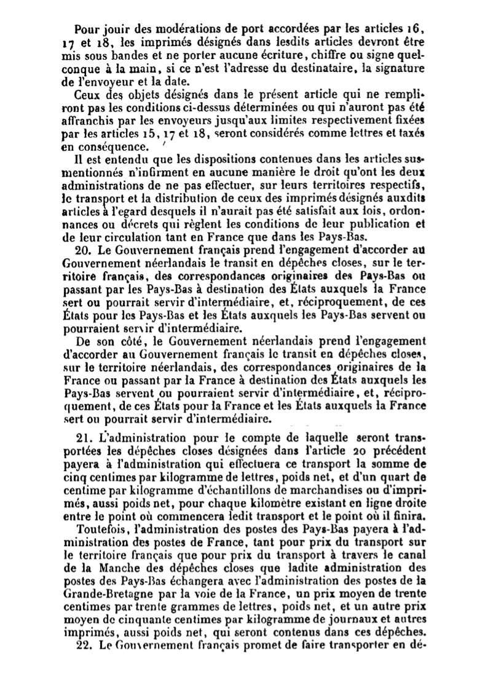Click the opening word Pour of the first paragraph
[85, 29]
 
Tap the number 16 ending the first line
[416, 29]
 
